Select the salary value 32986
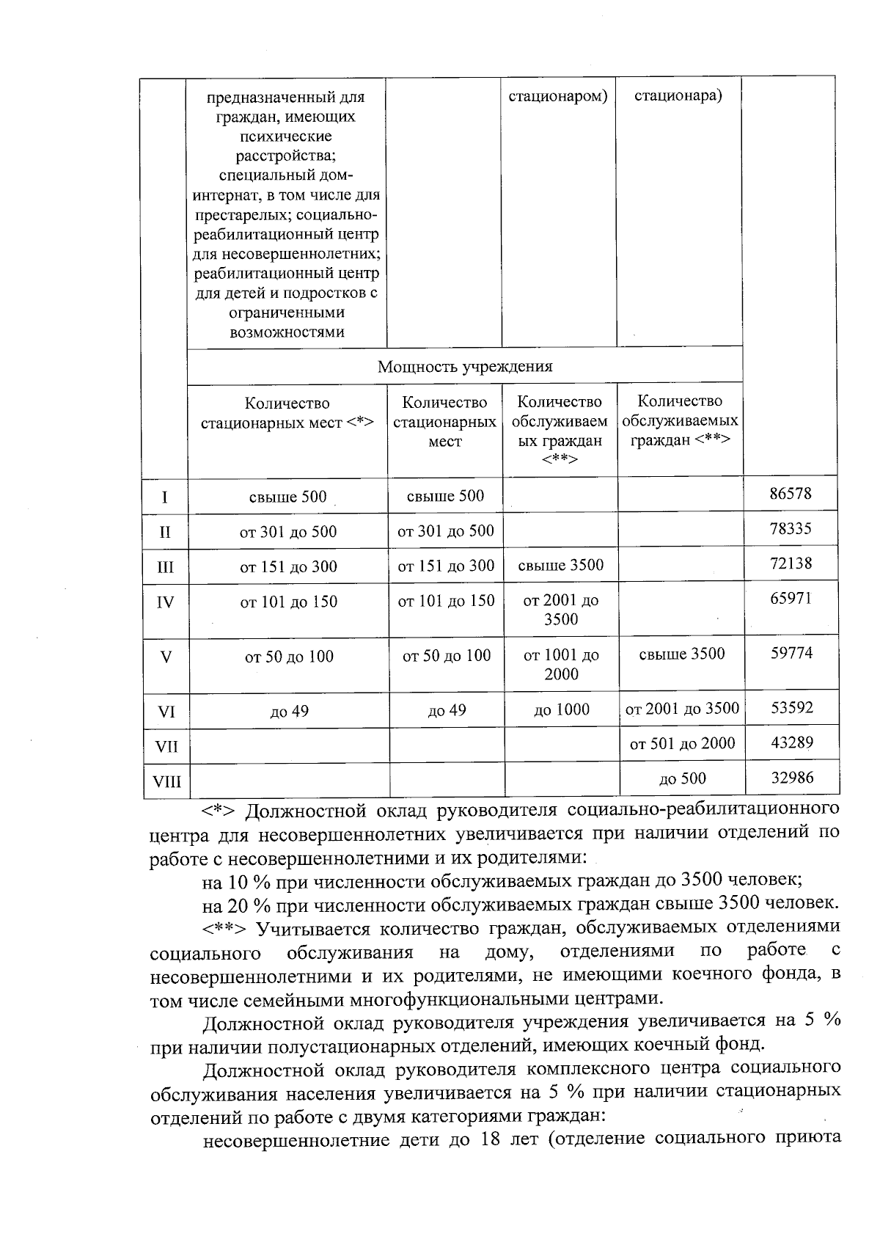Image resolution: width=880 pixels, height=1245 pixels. pyautogui.click(x=792, y=778)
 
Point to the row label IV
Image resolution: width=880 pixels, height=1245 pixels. pyautogui.click(x=166, y=603)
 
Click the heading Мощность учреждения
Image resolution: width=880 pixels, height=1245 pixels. pyautogui.click(x=465, y=367)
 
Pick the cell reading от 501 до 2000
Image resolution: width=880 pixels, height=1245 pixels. pyautogui.click(x=682, y=744)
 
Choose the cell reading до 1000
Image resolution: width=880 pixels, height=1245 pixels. pyautogui.click(x=562, y=709)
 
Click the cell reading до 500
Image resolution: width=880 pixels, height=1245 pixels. pyautogui.click(x=682, y=779)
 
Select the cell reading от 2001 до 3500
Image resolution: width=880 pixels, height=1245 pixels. pyautogui.click(x=682, y=709)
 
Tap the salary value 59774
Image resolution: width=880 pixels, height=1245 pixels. pyautogui.click(x=791, y=653)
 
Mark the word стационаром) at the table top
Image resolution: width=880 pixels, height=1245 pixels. pyautogui.click(x=559, y=96)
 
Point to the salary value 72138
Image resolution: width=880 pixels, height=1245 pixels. pyautogui.click(x=791, y=564)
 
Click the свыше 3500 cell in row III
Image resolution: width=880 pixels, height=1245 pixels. pyautogui.click(x=561, y=566)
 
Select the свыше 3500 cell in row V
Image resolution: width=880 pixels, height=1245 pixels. pyautogui.click(x=682, y=654)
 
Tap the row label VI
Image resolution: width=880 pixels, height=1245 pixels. pyautogui.click(x=166, y=712)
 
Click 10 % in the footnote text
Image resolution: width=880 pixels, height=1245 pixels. pyautogui.click(x=248, y=880)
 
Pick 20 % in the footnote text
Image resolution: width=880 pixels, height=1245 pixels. pyautogui.click(x=248, y=902)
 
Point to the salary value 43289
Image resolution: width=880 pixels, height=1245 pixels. pyautogui.click(x=792, y=742)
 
